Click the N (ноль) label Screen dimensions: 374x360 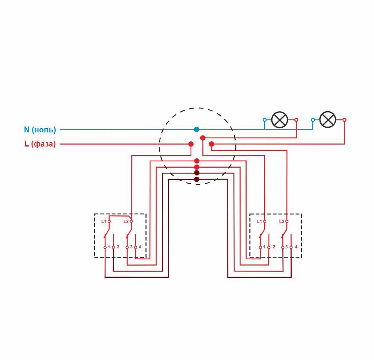point(40,130)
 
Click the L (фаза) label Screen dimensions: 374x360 point(40,144)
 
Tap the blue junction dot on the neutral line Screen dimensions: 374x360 point(196,129)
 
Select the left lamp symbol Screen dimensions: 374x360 point(280,120)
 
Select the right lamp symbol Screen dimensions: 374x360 point(328,120)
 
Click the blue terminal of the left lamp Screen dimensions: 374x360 point(265,120)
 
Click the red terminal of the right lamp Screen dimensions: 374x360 point(344,120)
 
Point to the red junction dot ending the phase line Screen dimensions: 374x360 point(191,144)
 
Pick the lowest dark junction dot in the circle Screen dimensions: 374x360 point(197,179)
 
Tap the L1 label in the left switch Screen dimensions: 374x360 point(103,221)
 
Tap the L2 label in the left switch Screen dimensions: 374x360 point(126,221)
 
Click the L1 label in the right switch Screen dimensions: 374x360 point(259,221)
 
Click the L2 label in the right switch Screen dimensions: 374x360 point(282,221)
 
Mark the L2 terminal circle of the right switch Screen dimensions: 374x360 point(287,221)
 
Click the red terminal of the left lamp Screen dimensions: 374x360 point(296,120)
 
